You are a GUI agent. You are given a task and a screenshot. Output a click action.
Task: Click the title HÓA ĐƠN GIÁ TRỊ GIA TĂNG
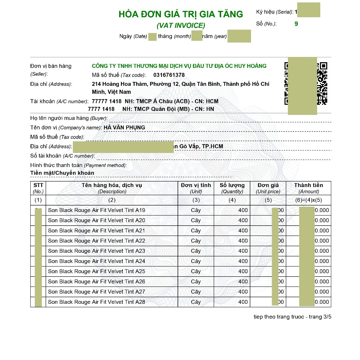pos(181,14)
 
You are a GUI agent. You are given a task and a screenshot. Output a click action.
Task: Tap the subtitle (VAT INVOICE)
pos(181,25)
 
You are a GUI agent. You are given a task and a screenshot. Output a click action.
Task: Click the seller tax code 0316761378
pos(169,75)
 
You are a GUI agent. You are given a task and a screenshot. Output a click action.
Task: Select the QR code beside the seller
pos(306,84)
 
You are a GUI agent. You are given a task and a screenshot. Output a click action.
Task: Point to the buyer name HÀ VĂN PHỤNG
pos(124,127)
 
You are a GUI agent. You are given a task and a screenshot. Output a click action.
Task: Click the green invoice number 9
pos(296,24)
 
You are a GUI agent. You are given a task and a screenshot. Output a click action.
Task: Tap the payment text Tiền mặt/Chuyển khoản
pos(62,173)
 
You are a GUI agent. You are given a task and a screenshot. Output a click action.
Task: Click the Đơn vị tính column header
pos(196,185)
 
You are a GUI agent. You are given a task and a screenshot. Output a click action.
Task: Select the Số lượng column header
pos(232,185)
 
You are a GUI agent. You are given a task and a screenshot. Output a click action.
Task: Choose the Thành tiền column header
pos(308,185)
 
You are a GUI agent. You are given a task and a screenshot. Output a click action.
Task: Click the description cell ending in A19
pos(97,210)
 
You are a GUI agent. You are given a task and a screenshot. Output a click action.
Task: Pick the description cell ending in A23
pos(97,251)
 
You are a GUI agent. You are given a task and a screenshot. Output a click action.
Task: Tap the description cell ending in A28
pos(97,302)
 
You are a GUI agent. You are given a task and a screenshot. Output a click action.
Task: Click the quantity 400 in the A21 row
pos(243,231)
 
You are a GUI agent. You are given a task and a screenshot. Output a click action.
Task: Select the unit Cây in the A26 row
pos(196,282)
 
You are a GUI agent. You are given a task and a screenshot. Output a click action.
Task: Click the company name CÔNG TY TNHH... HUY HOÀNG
pos(179,66)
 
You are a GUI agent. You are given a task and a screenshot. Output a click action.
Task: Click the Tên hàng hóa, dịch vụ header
pos(112,185)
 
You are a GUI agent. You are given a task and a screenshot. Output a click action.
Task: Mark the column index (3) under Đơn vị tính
pos(196,200)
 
